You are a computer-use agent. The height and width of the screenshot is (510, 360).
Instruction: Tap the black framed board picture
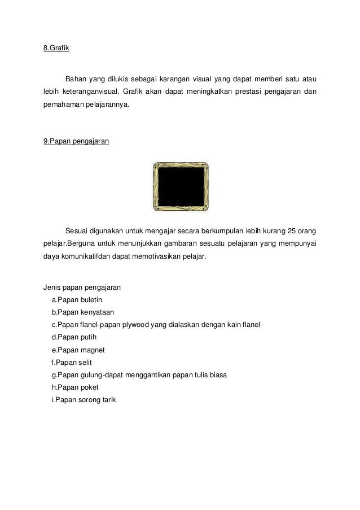point(181,187)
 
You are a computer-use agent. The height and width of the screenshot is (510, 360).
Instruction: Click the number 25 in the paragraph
point(292,231)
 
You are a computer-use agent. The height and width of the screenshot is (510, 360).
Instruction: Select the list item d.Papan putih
point(74,337)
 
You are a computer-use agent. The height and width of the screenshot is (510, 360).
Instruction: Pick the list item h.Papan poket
point(74,387)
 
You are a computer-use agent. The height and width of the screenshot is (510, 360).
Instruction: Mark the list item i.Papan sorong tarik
point(82,400)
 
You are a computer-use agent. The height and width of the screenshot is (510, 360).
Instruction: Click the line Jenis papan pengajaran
point(78,287)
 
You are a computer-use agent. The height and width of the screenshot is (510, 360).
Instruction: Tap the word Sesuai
point(78,231)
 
